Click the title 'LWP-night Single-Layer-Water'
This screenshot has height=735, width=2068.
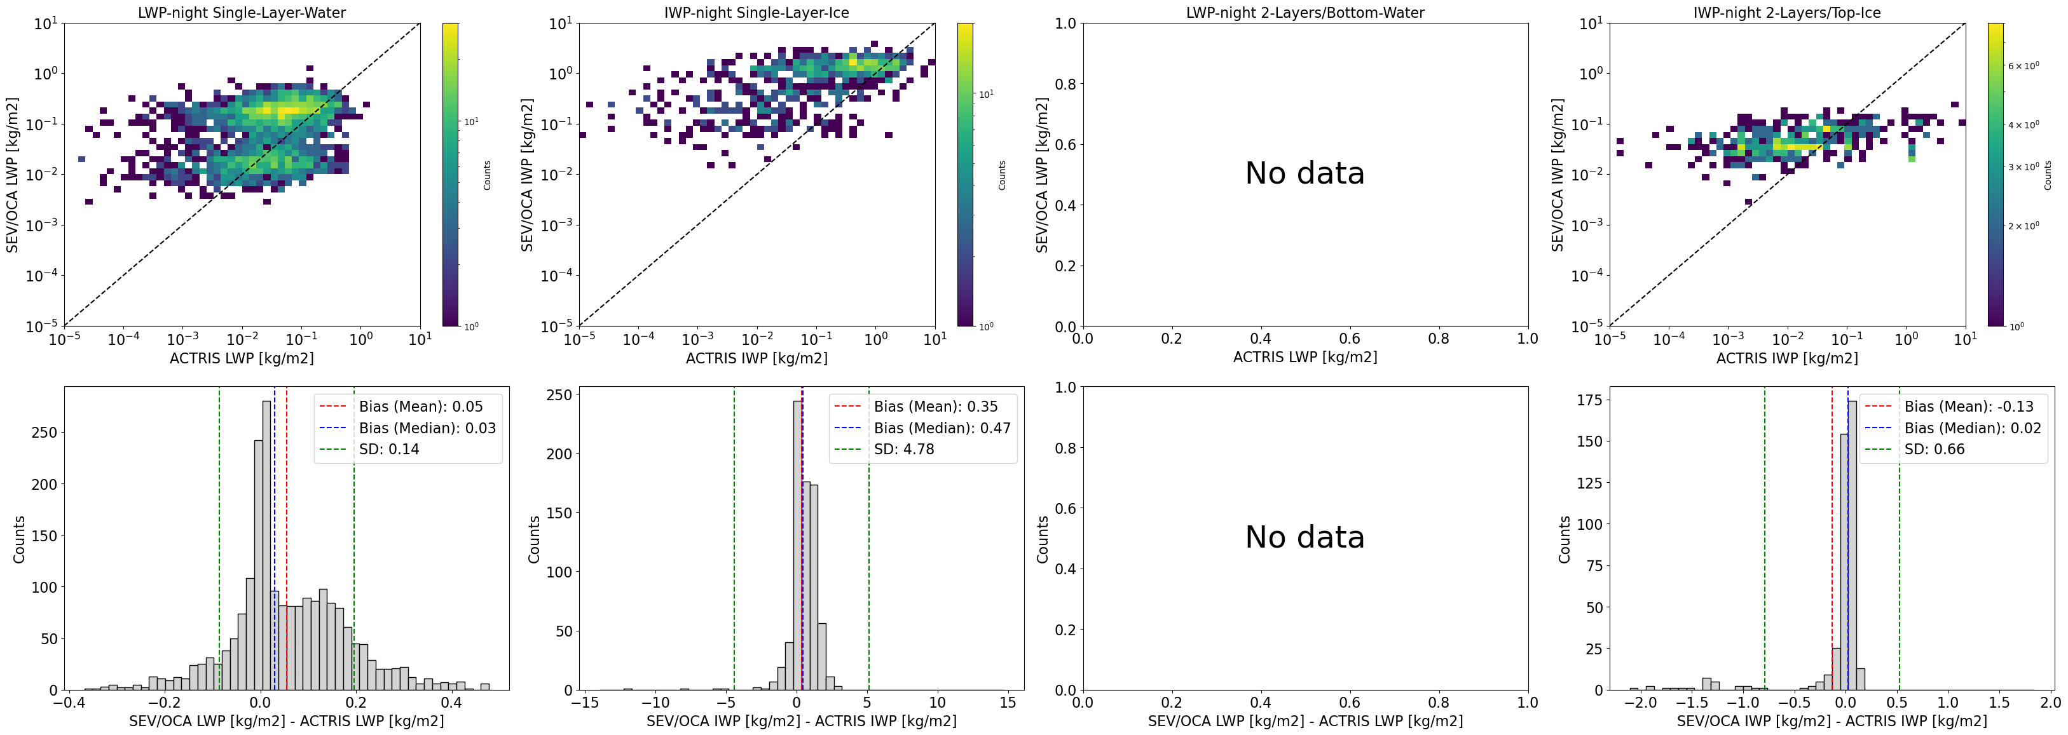coord(242,13)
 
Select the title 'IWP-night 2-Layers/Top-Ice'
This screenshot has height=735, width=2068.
coord(1787,13)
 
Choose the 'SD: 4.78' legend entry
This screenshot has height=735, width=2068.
coord(904,449)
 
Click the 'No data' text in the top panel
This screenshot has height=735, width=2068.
coord(1304,173)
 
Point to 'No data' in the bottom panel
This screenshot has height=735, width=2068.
coord(1304,537)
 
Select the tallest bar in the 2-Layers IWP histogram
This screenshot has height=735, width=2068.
coord(1852,546)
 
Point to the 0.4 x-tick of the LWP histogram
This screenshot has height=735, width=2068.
coord(451,703)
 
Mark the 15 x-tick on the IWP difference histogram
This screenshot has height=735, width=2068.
coord(1008,703)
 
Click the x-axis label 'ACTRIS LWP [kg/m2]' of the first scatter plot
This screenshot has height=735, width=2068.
coord(242,358)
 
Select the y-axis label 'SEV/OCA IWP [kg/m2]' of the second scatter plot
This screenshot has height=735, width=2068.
coord(528,175)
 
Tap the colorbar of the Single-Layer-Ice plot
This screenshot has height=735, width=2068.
coord(964,175)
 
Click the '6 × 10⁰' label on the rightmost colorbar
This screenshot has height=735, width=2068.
coord(2023,66)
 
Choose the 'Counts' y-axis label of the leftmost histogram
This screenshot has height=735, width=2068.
coord(19,539)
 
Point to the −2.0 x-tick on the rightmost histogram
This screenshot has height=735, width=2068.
coord(1640,703)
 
